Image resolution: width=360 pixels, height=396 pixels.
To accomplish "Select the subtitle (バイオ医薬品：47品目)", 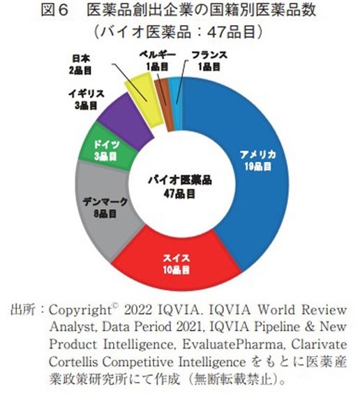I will coord(181,32).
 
